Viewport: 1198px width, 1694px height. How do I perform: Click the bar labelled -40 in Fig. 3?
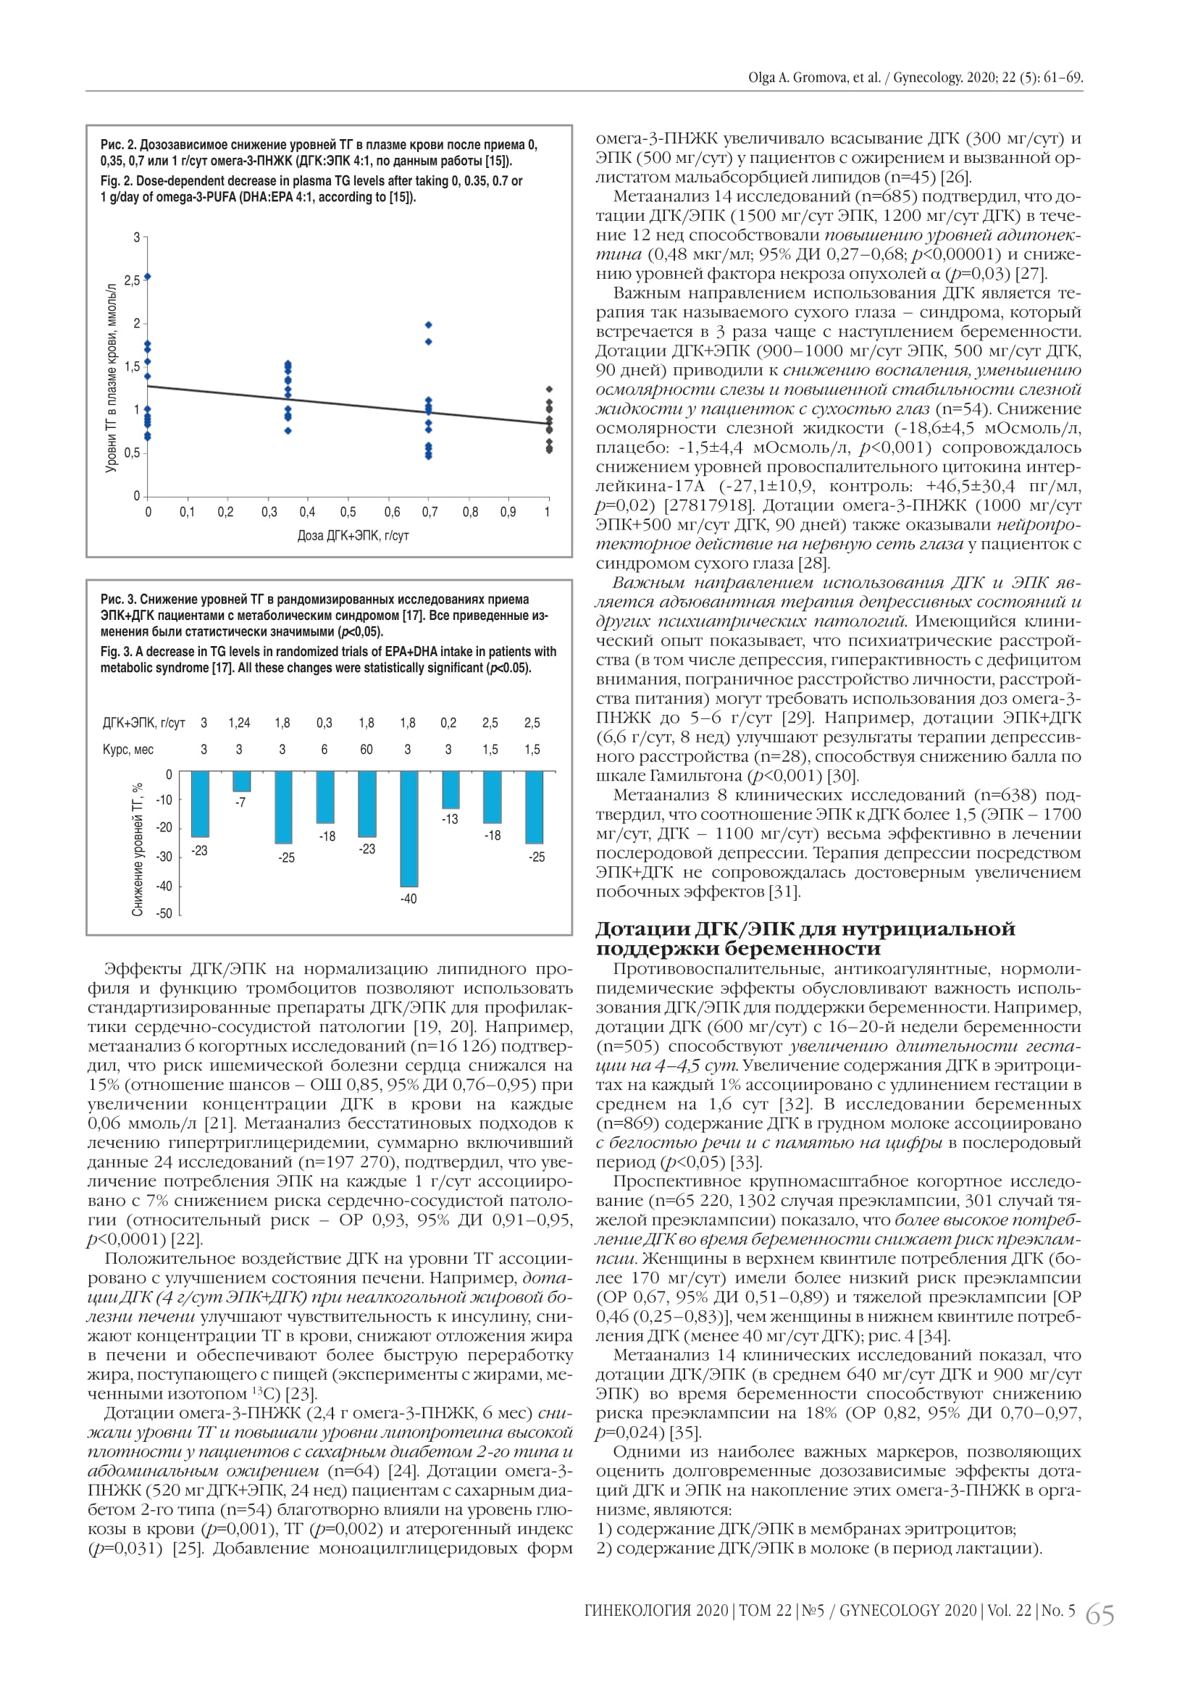[x=408, y=829]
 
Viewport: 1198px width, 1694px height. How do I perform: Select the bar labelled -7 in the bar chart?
[x=241, y=781]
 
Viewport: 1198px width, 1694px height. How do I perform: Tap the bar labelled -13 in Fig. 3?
[x=450, y=790]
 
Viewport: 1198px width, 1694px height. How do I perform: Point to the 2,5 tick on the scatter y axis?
[x=132, y=280]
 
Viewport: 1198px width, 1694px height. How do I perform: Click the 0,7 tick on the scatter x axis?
[x=430, y=512]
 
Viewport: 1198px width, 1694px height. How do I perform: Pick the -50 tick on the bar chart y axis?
[x=164, y=913]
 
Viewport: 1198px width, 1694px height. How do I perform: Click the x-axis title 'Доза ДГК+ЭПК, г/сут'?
[x=353, y=536]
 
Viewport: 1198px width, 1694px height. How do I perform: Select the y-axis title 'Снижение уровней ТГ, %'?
[x=137, y=850]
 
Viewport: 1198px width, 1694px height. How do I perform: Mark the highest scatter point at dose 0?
[x=148, y=277]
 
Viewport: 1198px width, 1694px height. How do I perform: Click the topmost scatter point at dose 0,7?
[x=429, y=324]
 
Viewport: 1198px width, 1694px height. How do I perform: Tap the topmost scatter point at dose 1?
[x=548, y=389]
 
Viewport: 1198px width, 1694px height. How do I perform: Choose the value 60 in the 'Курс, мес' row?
[x=366, y=750]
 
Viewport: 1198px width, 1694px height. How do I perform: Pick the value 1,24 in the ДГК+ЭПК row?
[x=239, y=723]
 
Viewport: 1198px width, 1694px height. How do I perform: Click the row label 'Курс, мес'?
[x=127, y=750]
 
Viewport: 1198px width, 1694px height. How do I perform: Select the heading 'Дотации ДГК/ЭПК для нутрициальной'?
[x=805, y=928]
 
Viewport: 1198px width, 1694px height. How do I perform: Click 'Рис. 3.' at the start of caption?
[x=119, y=599]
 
